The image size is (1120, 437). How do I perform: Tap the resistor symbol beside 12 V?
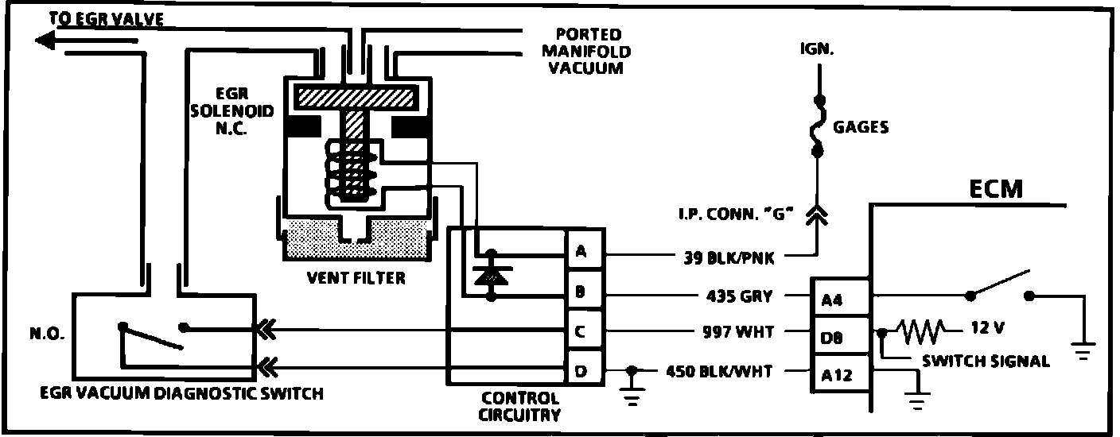pyautogui.click(x=920, y=328)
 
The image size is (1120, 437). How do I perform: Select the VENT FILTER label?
pyautogui.click(x=356, y=278)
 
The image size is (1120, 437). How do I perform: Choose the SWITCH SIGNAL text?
pyautogui.click(x=986, y=362)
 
